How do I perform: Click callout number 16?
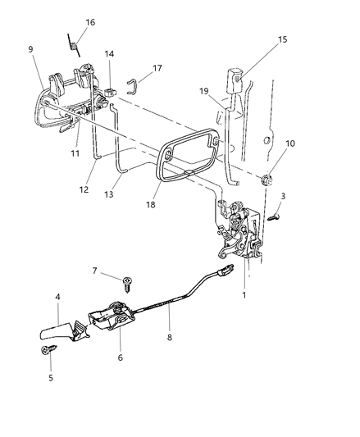90,22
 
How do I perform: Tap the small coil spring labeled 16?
74,45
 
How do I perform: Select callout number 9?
30,49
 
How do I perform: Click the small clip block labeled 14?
110,92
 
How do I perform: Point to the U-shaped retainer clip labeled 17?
133,86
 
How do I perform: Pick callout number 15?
282,39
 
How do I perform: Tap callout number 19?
204,91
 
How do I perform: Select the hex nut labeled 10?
267,180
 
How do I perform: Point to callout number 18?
150,205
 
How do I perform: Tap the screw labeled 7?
127,284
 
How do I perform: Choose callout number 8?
170,338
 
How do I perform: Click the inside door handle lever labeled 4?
65,332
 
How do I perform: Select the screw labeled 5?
48,349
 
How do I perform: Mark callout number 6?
121,357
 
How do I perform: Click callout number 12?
84,189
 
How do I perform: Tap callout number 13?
109,194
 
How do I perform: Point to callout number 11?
75,153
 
